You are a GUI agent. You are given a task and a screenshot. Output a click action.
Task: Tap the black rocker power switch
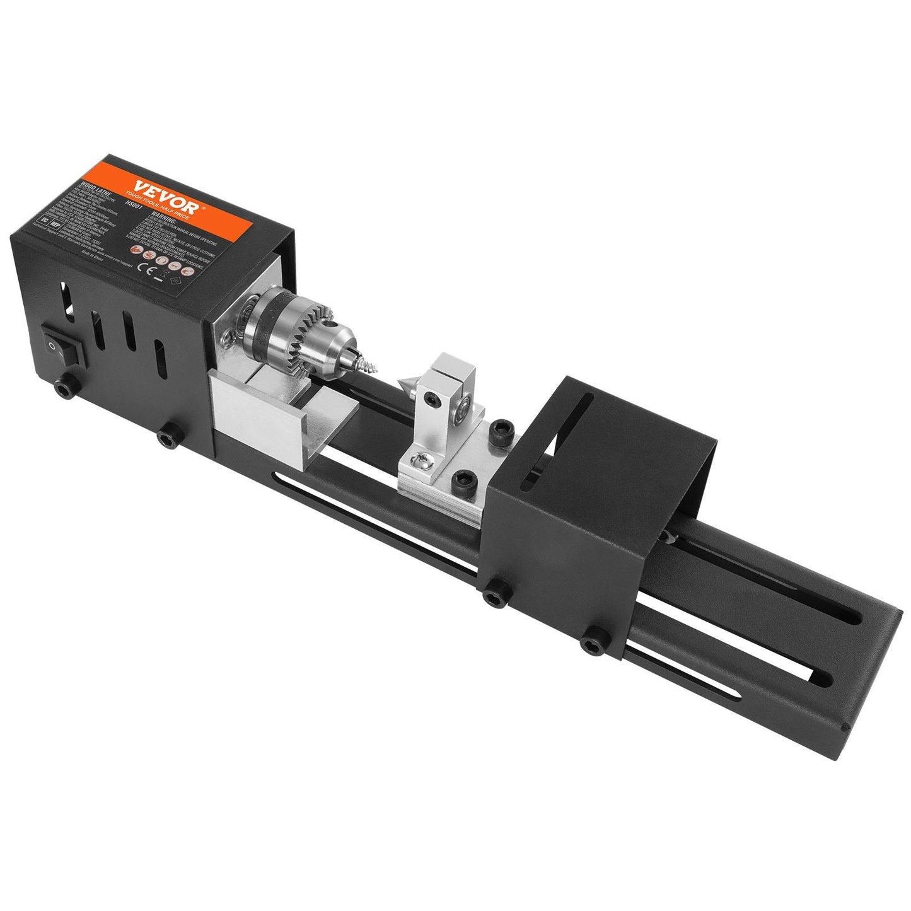point(63,344)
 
